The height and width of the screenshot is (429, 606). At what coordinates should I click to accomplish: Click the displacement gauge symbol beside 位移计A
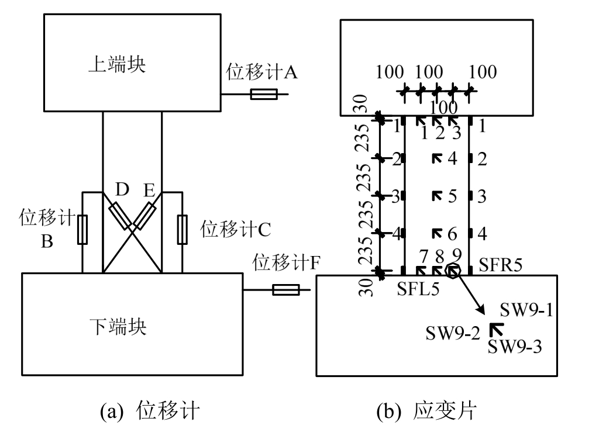point(263,94)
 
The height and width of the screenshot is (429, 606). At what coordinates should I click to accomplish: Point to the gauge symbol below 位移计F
point(286,290)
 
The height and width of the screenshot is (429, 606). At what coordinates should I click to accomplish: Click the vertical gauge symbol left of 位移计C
point(182,228)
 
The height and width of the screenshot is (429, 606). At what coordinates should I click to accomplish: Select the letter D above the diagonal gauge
point(122,191)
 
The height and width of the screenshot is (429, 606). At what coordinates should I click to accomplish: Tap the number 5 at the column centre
point(452,196)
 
